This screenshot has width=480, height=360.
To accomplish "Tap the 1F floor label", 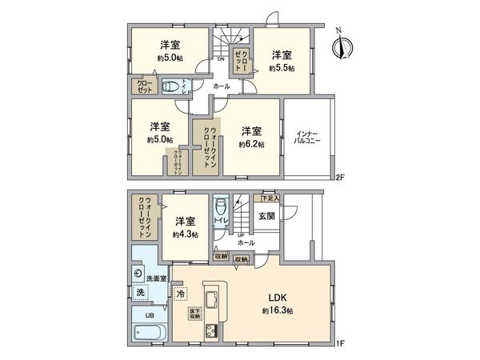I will coord(339,345).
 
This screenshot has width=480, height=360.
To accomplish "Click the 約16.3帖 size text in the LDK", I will coord(277,309).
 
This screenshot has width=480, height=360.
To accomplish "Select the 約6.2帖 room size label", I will coord(251,145).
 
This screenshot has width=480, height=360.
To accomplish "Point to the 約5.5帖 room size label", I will coord(280,69).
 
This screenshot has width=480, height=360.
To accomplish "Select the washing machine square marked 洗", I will coord(141,294).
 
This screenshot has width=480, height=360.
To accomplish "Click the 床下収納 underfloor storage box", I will coord(195,313).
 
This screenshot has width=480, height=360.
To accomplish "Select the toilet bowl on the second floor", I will coord(170,87).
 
